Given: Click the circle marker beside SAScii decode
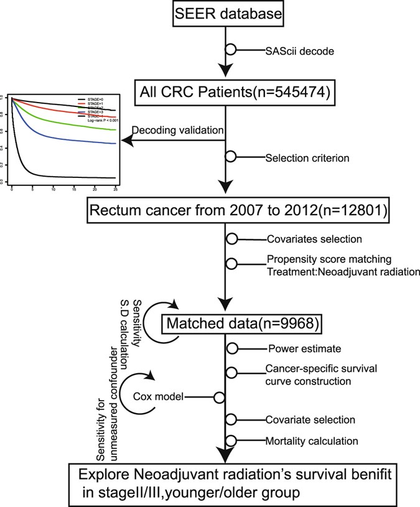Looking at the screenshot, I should [231, 49].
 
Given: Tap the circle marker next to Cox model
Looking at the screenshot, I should [218, 396].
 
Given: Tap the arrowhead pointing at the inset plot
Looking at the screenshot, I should [126, 141].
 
